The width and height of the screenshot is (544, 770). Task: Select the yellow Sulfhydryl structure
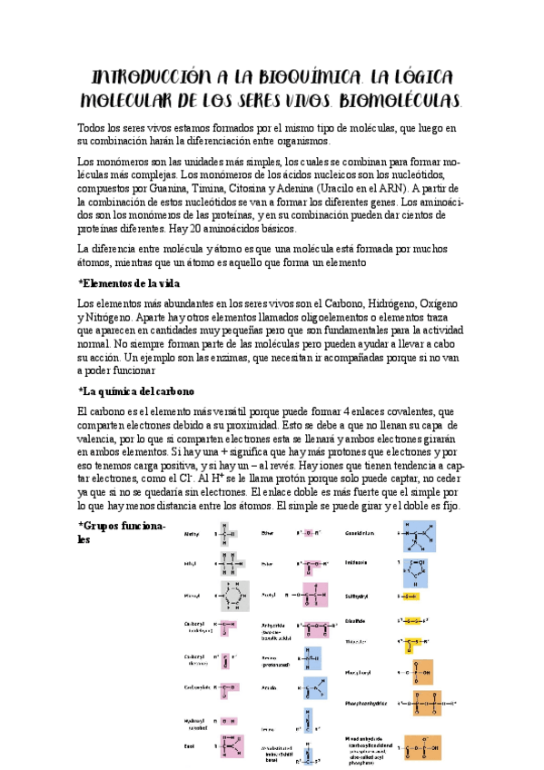409,597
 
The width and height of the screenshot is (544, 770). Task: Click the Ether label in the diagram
268,533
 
